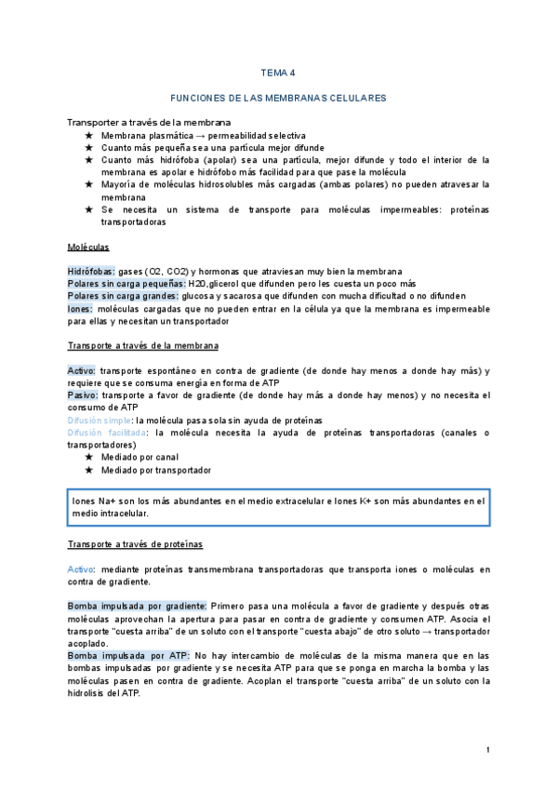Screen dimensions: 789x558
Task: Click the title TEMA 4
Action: point(278,73)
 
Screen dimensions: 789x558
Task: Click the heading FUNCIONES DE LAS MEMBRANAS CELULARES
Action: point(278,98)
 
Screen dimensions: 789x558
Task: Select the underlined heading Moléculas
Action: point(88,247)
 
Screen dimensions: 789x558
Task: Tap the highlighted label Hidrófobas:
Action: point(91,271)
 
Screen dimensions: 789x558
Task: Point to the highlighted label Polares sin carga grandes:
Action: point(123,296)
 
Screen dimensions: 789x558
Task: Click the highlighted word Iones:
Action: point(80,308)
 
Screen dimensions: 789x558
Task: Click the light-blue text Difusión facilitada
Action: point(107,433)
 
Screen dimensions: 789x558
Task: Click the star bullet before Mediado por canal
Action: point(88,458)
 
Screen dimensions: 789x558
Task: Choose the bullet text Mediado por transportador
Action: point(156,471)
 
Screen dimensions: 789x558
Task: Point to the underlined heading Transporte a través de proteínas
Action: point(136,543)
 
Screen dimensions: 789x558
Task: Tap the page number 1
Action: point(488,750)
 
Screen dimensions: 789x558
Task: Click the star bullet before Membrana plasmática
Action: point(88,136)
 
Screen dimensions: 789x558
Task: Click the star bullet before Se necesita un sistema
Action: point(88,210)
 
